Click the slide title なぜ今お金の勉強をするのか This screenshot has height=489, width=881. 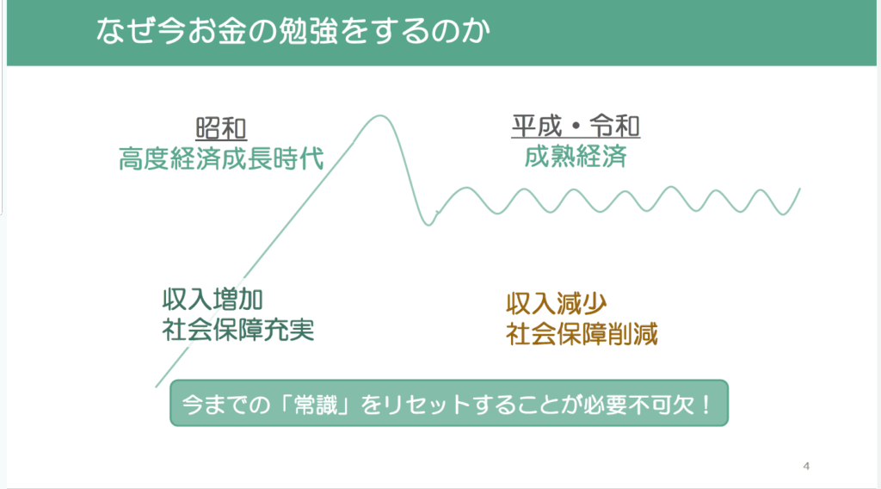point(293,32)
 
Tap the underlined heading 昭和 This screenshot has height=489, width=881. point(221,129)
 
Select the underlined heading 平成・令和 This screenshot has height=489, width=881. point(576,126)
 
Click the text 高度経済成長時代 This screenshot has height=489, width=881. point(221,158)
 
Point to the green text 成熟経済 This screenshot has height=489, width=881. point(576,156)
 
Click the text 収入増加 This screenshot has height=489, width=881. point(213,300)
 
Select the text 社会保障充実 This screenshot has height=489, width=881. point(237,330)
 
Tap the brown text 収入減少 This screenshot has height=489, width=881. point(557,304)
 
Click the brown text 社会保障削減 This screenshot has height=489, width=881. point(582,334)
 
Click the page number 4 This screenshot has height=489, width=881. point(806,466)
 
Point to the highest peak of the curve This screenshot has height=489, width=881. point(380,116)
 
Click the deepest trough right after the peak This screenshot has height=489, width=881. point(428,225)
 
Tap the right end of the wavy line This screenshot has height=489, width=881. point(799,189)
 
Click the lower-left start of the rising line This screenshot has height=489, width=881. point(157,387)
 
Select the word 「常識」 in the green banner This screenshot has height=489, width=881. point(317,404)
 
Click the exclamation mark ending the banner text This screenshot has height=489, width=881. point(706,404)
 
